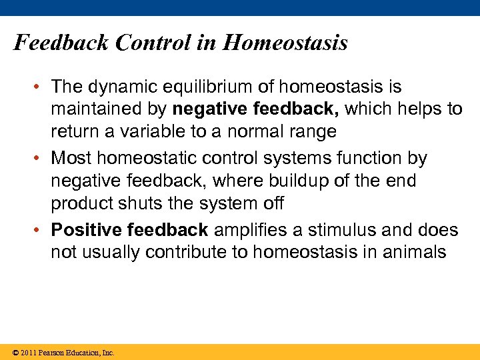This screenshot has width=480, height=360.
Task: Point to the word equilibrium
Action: click(x=200, y=87)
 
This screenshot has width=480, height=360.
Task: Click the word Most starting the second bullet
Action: click(x=69, y=159)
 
